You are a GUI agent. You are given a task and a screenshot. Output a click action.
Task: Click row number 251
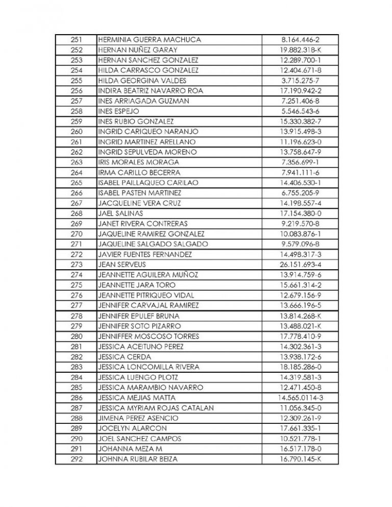pyautogui.click(x=76, y=39)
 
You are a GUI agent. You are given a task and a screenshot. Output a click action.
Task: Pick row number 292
pyautogui.click(x=76, y=459)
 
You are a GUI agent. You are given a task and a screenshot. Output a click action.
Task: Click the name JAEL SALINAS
pyautogui.click(x=120, y=213)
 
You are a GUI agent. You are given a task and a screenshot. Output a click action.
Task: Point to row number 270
pyautogui.click(x=76, y=234)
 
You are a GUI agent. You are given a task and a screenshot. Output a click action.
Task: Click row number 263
pyautogui.click(x=76, y=162)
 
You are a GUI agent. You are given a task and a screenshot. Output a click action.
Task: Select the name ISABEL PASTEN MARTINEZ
pyautogui.click(x=139, y=193)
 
